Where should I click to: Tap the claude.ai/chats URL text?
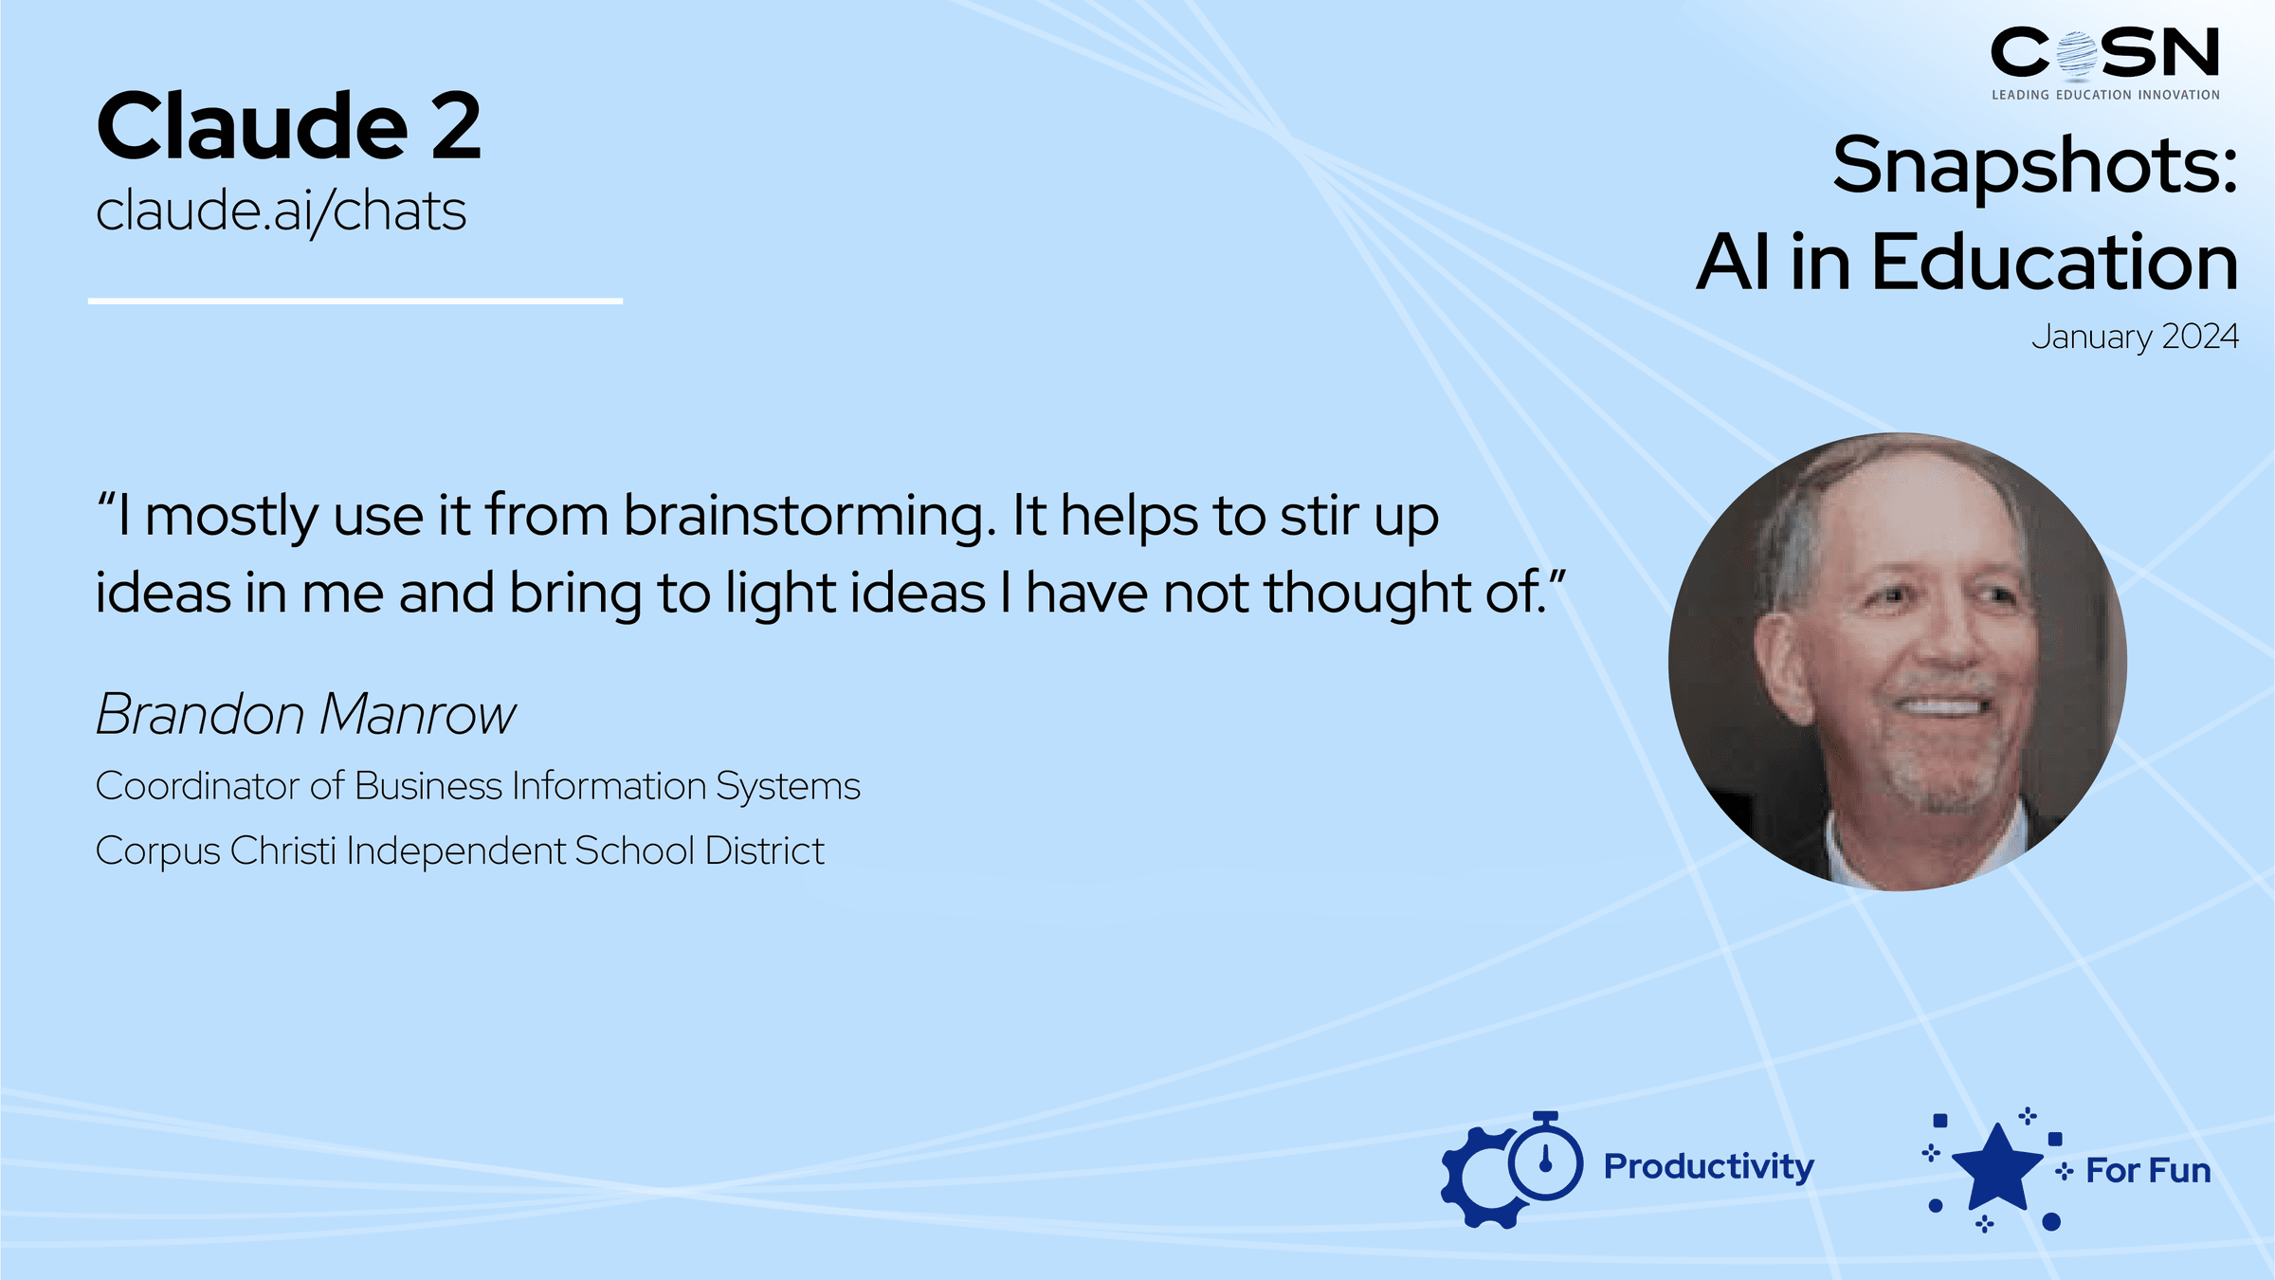[282, 210]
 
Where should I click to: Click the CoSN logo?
[2104, 53]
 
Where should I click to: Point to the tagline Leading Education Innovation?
[2105, 95]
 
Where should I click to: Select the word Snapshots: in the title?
[2035, 166]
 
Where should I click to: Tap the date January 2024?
[2135, 337]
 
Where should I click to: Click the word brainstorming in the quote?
[810, 518]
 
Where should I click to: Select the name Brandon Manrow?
[306, 714]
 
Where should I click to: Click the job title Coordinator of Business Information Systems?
[478, 786]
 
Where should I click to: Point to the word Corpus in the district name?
[158, 851]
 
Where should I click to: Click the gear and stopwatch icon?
[1511, 1169]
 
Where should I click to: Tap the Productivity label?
[1708, 1167]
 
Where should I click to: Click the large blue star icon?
[1997, 1168]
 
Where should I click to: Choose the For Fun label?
[2148, 1171]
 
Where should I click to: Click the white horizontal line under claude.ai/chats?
[355, 302]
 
